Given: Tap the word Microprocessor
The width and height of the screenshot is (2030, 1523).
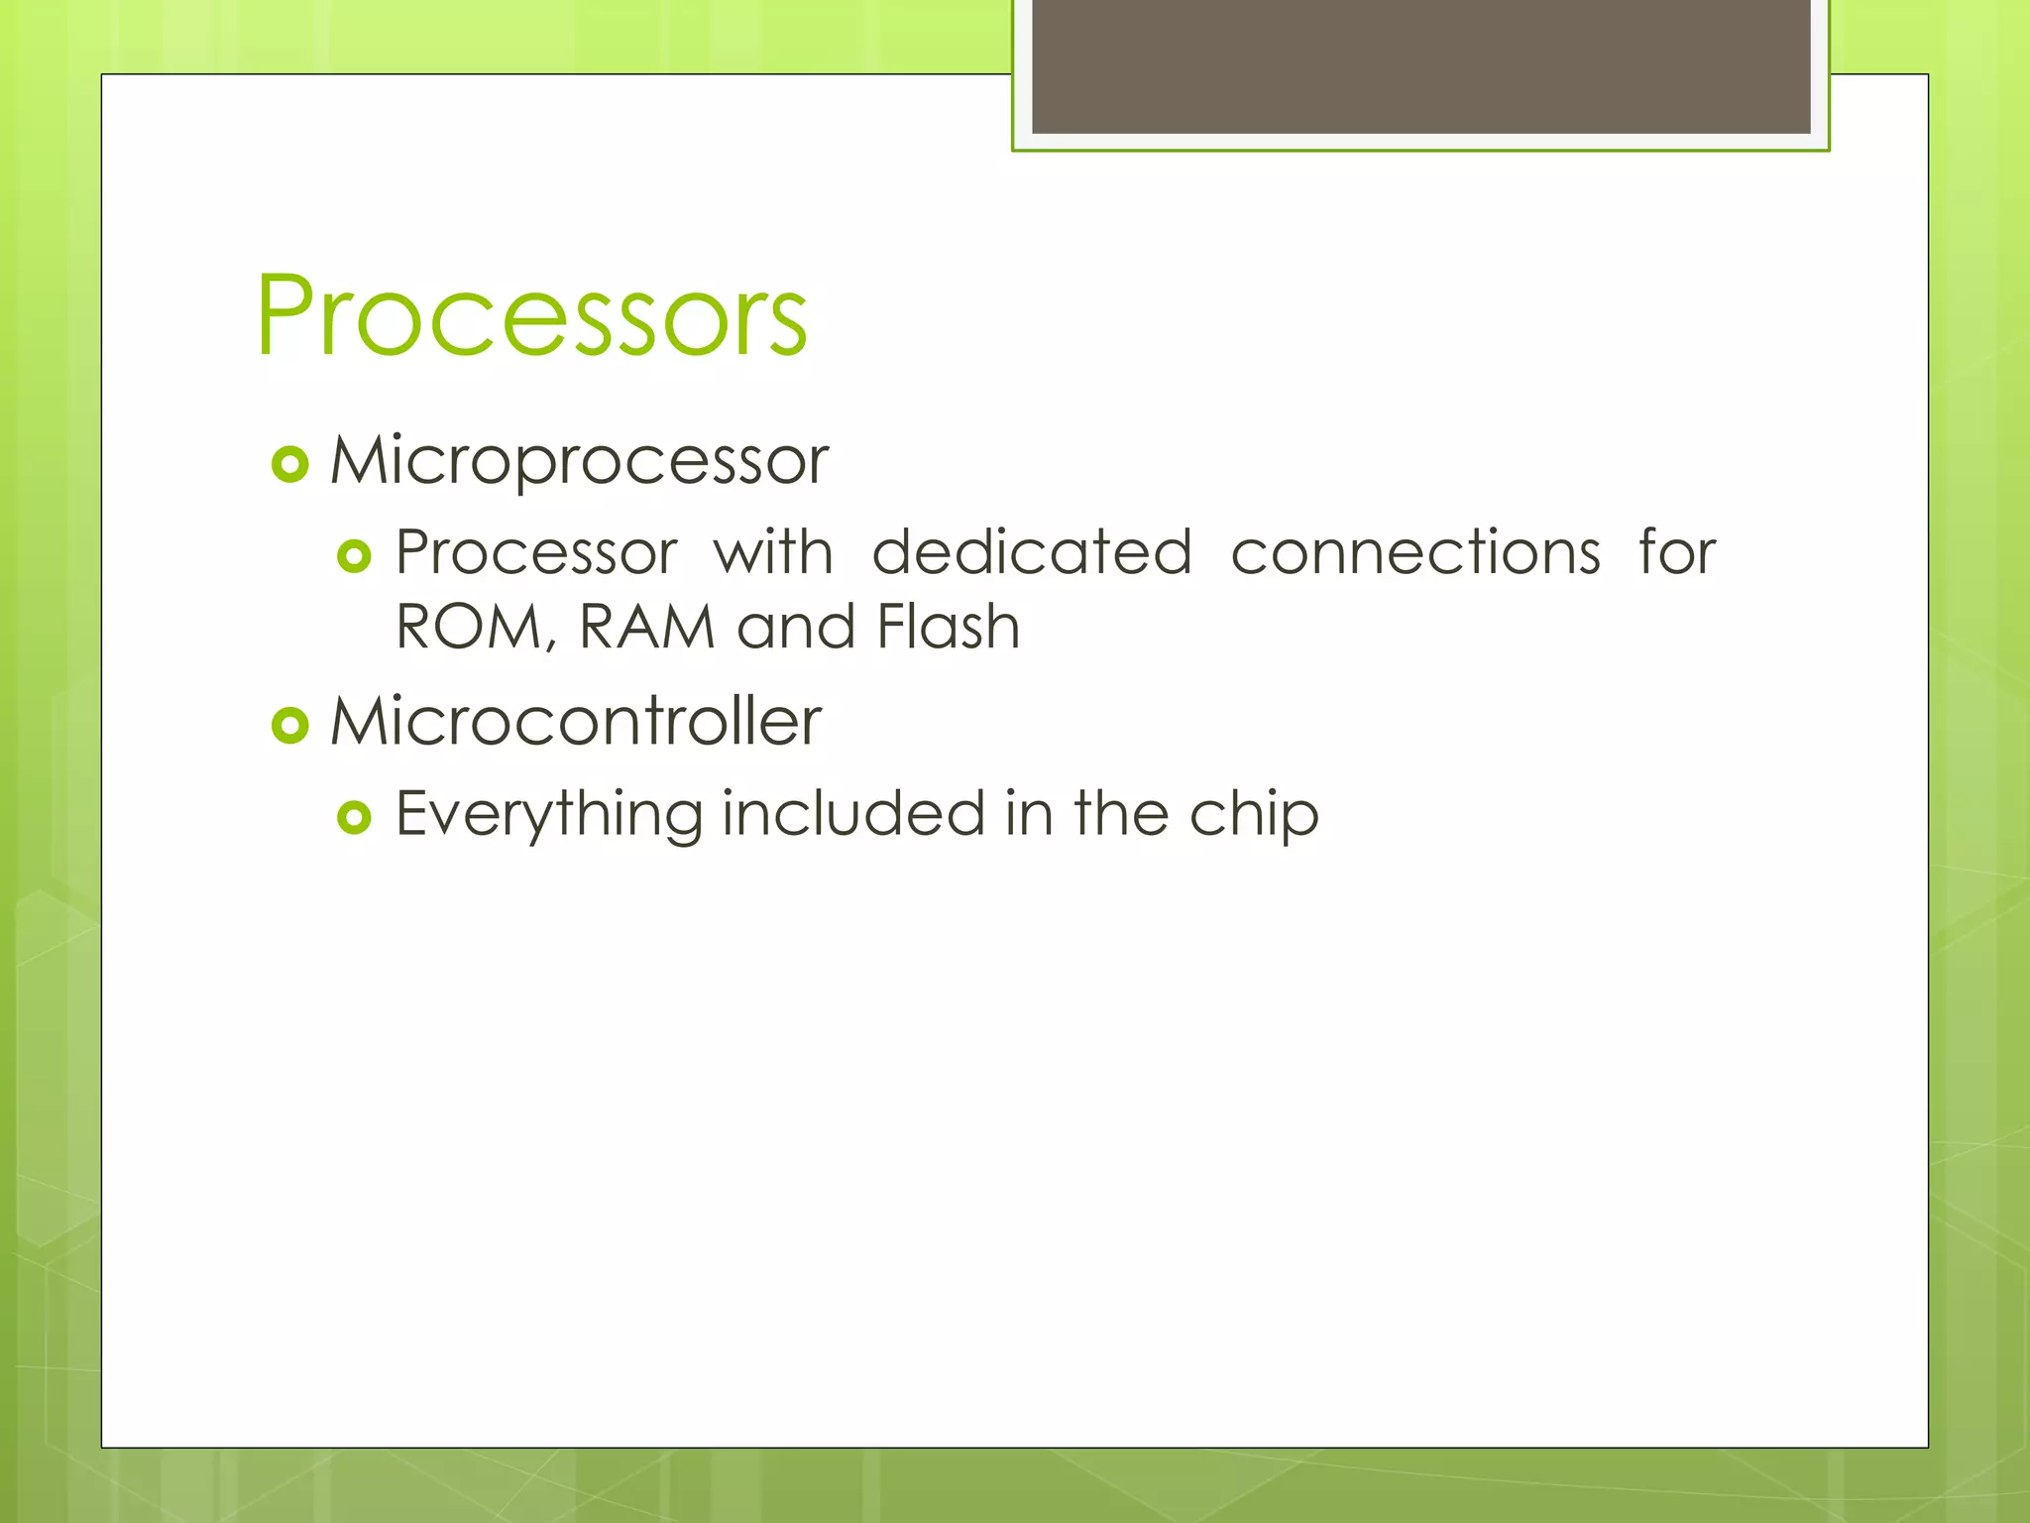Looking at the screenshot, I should click(x=579, y=461).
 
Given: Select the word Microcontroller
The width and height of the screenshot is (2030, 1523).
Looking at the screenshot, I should click(x=576, y=721).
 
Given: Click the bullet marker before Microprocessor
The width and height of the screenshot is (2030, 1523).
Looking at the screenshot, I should click(x=290, y=464).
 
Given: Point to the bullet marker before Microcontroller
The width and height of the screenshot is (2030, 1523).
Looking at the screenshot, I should click(x=290, y=726).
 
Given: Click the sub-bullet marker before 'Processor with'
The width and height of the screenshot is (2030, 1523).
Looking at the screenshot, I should click(x=354, y=556).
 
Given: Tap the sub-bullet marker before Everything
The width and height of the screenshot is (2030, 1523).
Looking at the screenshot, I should click(x=354, y=817).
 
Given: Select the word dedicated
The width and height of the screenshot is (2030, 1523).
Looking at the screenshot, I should click(x=1032, y=552).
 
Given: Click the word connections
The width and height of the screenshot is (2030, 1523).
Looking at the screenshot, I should click(x=1415, y=552).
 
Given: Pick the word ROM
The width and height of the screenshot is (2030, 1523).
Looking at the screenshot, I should click(x=469, y=628).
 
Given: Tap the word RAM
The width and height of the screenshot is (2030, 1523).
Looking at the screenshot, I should click(x=647, y=628).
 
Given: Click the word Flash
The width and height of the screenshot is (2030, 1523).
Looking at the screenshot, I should click(x=949, y=628).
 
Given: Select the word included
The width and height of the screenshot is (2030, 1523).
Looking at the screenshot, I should click(x=853, y=813).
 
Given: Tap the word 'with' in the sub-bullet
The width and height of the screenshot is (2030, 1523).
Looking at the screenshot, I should click(x=773, y=552).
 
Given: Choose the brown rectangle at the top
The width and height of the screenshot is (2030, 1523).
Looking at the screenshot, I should click(x=1421, y=65).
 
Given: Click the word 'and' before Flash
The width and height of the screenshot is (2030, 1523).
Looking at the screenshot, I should click(x=796, y=628).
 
